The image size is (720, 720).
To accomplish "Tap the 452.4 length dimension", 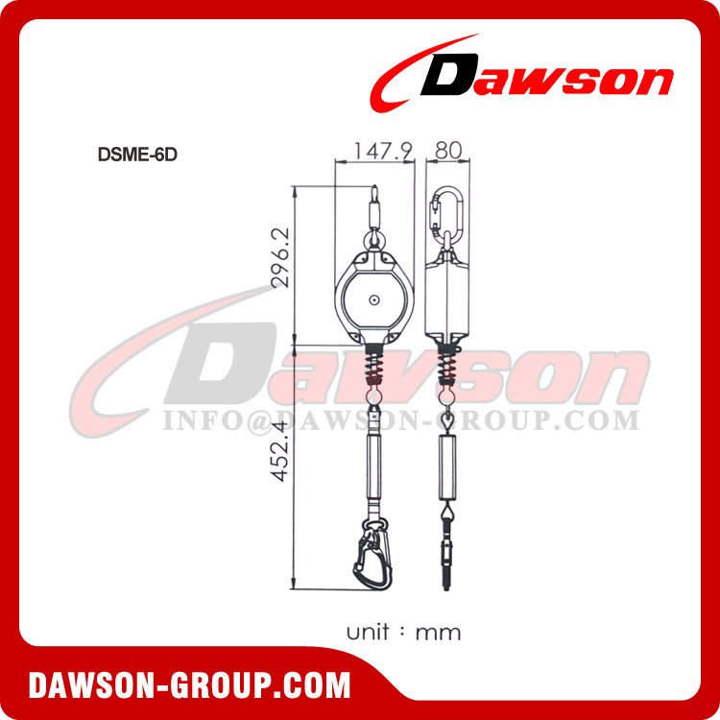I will click(280, 462).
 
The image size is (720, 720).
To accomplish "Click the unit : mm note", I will click(403, 632).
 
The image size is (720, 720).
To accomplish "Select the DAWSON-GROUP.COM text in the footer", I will click(189, 685).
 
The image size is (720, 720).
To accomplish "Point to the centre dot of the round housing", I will click(372, 301).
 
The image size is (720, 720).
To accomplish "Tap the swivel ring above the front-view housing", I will click(372, 238).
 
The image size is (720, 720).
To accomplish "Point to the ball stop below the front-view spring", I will click(372, 392).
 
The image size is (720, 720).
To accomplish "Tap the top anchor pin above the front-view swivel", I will click(372, 204).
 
